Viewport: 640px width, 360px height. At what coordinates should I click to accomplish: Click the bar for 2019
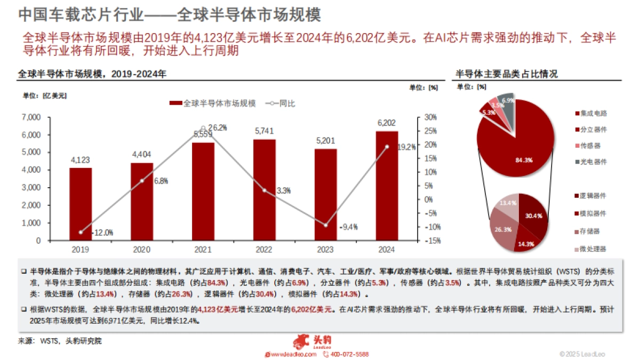81,204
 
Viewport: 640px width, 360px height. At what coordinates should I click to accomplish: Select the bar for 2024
387,186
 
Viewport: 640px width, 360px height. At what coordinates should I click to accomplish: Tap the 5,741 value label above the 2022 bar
265,131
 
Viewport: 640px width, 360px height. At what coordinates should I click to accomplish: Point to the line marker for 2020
142,181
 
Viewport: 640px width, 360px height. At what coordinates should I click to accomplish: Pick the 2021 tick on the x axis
203,249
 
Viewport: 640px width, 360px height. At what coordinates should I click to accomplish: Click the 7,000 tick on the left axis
31,117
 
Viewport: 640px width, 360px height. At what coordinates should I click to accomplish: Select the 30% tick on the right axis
430,117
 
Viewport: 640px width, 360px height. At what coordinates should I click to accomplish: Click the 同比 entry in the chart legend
287,103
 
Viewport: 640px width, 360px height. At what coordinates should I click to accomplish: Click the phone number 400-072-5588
349,354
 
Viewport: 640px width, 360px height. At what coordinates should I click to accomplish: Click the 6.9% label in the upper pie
508,100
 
